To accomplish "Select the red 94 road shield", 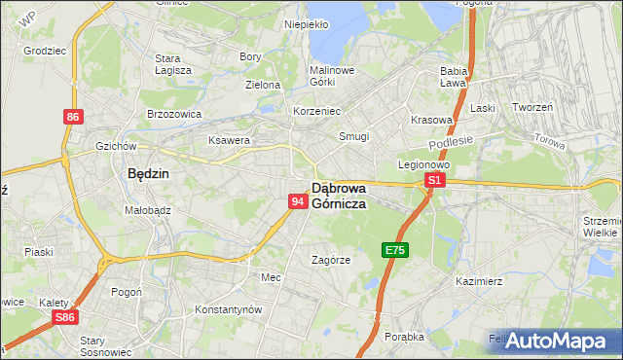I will tap(299, 200).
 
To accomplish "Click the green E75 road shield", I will tap(394, 250).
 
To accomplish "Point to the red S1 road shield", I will tap(435, 180).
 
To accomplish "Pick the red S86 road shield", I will tap(65, 317).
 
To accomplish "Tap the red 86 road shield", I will tap(73, 117).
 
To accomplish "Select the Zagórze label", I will tap(330, 260).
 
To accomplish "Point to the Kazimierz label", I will tap(477, 281).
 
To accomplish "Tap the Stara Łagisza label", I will tap(173, 64).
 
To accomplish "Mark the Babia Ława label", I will tap(455, 77).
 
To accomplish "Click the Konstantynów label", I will tap(229, 309).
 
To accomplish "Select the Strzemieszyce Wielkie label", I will tap(601, 227).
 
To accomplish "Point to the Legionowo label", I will tap(422, 164).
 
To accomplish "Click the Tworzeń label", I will tap(532, 107).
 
